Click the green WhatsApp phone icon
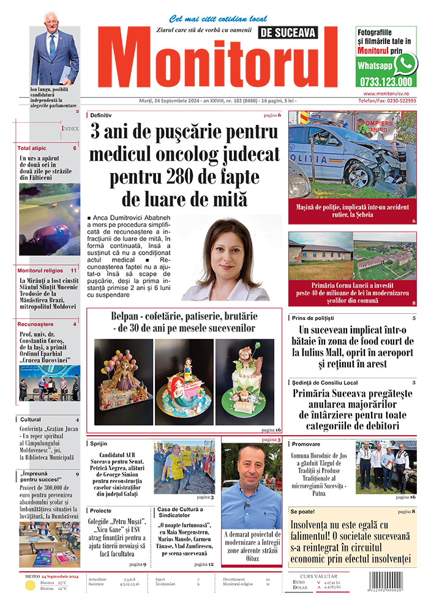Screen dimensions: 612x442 point(405,63)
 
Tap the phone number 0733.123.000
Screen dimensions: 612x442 point(385,81)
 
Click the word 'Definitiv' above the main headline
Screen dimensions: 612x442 point(102,114)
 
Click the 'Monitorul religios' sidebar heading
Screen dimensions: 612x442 point(40,270)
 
